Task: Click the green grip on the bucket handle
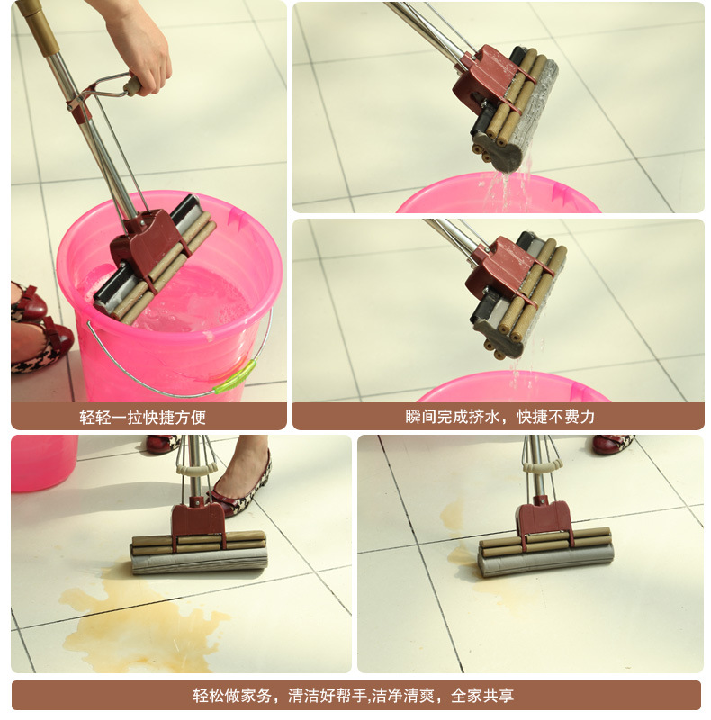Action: point(234,377)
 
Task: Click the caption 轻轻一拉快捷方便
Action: point(142,417)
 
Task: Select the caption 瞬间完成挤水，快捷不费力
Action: point(499,417)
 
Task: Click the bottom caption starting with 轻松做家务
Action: point(353,695)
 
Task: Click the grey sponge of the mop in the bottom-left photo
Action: point(199,560)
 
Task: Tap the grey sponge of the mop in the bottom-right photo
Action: point(545,561)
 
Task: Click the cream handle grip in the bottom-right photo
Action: point(543,466)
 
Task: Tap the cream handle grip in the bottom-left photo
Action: point(197,468)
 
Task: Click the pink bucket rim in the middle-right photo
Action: point(514,387)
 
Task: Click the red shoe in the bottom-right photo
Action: point(613,443)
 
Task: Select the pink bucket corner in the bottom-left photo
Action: point(43,463)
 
